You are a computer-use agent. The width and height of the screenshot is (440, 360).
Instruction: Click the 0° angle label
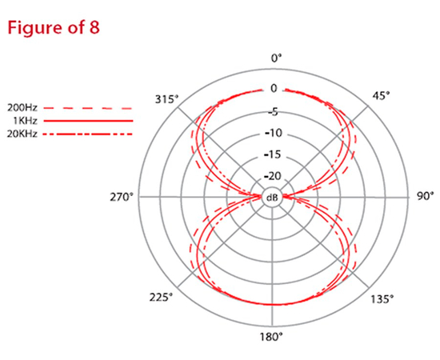277,58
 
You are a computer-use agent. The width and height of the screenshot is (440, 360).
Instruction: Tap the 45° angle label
382,96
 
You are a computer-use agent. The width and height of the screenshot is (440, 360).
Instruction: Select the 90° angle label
425,196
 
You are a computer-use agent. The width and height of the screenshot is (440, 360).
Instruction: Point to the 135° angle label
382,299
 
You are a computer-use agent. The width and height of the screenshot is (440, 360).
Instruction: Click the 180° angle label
271,337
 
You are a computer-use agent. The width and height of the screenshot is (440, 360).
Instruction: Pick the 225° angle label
161,297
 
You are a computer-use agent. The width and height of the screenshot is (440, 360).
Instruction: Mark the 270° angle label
122,198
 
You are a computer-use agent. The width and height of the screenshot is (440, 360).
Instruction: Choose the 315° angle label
166,99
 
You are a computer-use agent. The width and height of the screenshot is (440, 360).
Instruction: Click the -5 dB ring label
273,112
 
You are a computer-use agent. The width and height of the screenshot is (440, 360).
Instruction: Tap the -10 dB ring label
274,133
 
